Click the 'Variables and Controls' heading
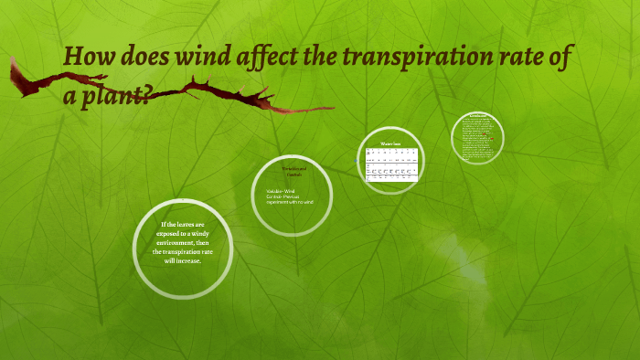(293, 171)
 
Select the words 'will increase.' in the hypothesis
(183, 260)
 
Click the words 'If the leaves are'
(183, 224)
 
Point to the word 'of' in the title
(563, 59)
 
